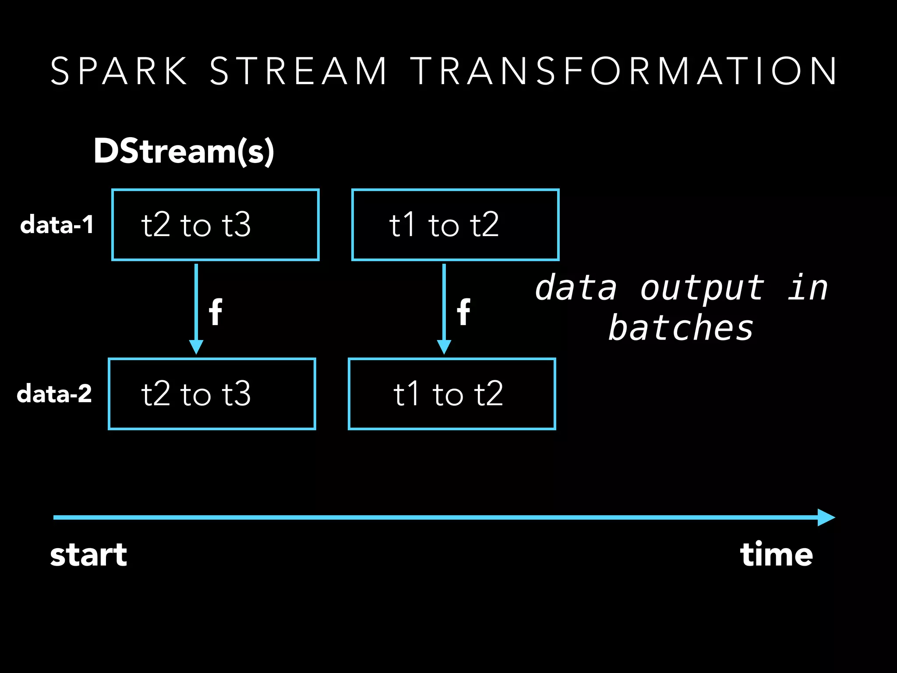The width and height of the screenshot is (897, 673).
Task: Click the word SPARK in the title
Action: pos(119,71)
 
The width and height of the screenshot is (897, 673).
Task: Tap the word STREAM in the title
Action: pos(298,71)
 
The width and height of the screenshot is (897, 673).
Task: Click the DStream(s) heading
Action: pos(184,151)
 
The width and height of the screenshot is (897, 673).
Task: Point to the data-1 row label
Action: pos(57,225)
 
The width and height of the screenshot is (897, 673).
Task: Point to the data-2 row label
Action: pos(54,394)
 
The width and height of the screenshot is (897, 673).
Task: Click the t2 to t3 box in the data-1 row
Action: pos(215,225)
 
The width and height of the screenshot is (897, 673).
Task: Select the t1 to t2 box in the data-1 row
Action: pos(456,225)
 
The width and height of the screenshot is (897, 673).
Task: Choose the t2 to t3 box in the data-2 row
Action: pos(212,394)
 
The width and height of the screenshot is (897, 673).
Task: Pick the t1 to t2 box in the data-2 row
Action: pos(452,394)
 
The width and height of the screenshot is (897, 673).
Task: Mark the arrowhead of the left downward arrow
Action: pos(196,347)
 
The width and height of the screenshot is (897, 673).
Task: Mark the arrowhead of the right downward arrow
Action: pos(444,347)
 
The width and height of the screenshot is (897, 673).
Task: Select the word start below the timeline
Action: pos(88,555)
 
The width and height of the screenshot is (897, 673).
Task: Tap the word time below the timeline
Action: pos(776,555)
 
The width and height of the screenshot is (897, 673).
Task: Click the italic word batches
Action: pos(681,329)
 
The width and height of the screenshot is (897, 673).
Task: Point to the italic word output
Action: pos(703,289)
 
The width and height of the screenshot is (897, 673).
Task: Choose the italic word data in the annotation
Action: pos(576,289)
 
